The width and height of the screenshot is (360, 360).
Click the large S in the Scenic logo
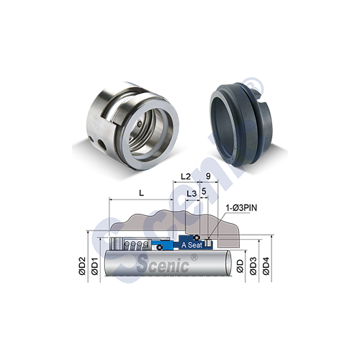click(143, 264)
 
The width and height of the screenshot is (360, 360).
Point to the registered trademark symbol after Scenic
click(193, 257)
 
